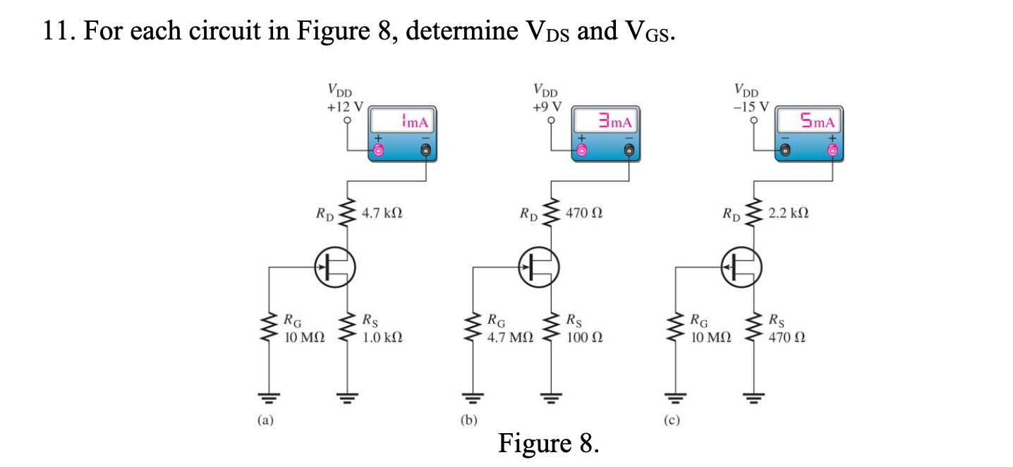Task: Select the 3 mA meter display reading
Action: [x=610, y=121]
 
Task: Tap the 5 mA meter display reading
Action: [x=813, y=121]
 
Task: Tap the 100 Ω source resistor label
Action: [x=583, y=336]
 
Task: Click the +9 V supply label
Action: [x=547, y=107]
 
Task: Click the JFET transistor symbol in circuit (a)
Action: [x=334, y=268]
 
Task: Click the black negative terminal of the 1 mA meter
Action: [x=426, y=150]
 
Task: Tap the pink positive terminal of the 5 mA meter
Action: [x=833, y=150]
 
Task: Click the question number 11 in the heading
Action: [x=56, y=32]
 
